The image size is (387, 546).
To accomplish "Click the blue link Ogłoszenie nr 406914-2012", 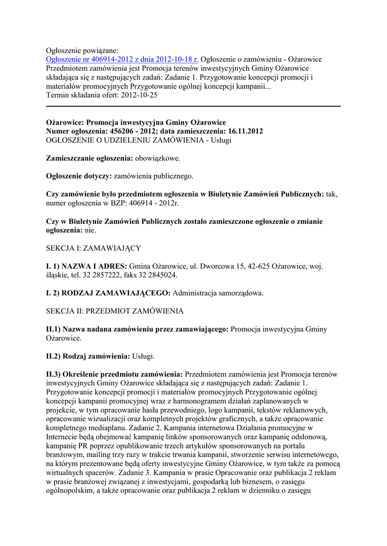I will pyautogui.click(x=122, y=59).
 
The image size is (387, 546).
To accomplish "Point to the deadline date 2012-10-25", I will pyautogui.click(x=139, y=95).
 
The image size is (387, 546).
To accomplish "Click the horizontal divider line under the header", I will pyautogui.click(x=193, y=107).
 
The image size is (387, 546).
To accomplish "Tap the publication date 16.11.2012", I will pyautogui.click(x=241, y=131).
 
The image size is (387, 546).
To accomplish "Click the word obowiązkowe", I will pyautogui.click(x=157, y=158).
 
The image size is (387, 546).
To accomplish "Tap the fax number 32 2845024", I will pyautogui.click(x=157, y=275).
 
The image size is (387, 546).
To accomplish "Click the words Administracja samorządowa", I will pyautogui.click(x=218, y=293).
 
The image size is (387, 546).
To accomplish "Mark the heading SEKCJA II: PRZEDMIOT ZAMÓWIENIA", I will pyautogui.click(x=115, y=310).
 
